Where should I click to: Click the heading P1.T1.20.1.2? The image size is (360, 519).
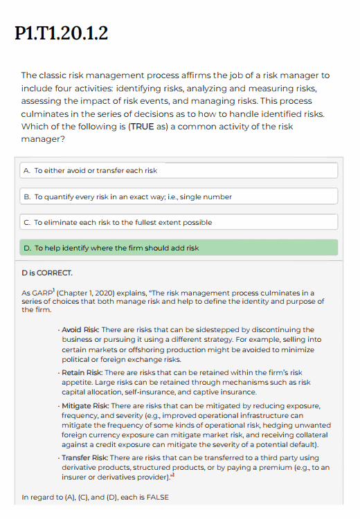pyautogui.click(x=61, y=34)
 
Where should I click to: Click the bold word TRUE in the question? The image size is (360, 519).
pyautogui.click(x=134, y=127)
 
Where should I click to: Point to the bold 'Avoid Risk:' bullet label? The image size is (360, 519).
pyautogui.click(x=83, y=329)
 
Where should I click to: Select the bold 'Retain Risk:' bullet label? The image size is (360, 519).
pyautogui.click(x=84, y=373)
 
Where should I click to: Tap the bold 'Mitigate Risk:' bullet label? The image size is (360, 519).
pyautogui.click(x=87, y=405)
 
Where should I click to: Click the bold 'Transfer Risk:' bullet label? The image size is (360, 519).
pyautogui.click(x=87, y=457)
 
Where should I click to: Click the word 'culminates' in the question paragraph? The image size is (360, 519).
pyautogui.click(x=46, y=113)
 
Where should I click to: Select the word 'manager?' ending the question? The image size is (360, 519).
pyautogui.click(x=42, y=139)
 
